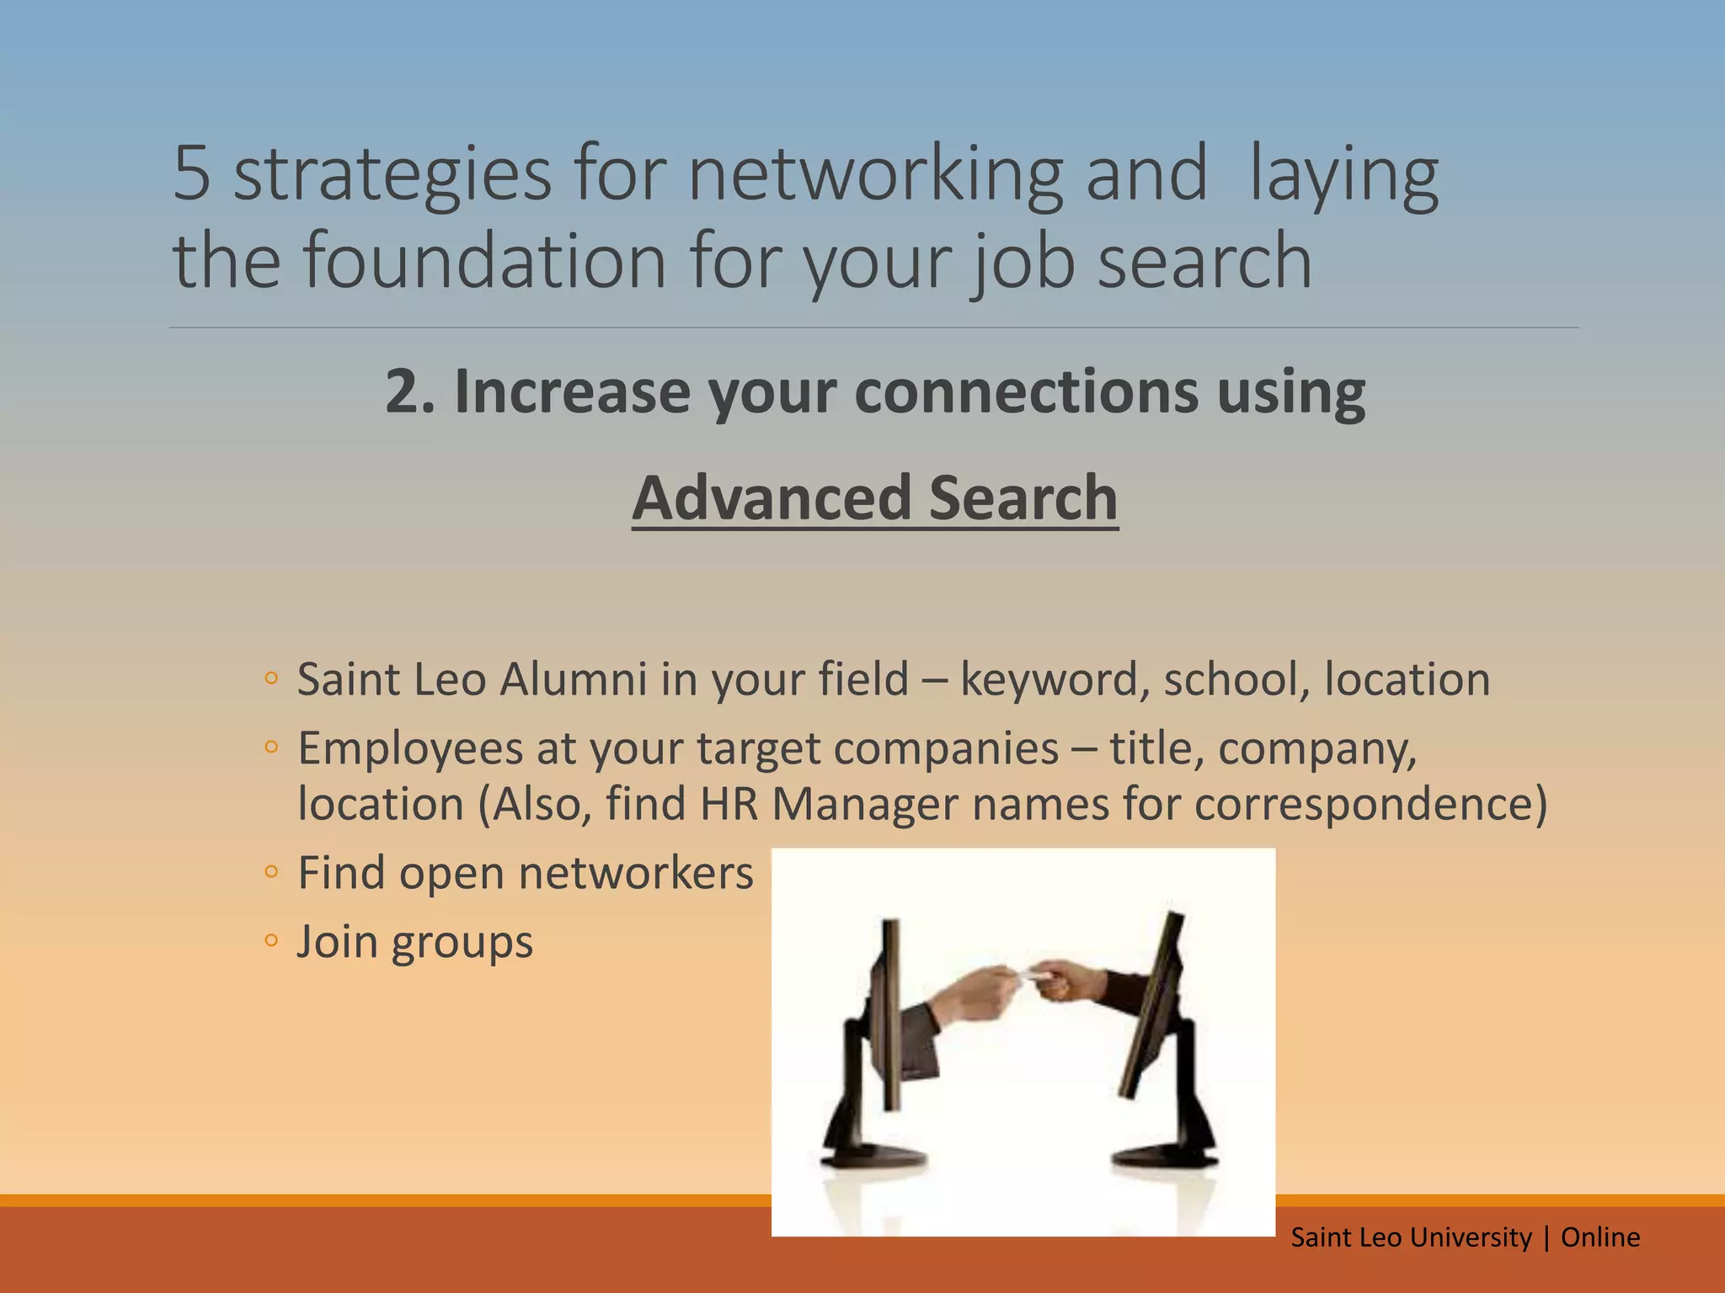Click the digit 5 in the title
[191, 174]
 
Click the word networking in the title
[876, 174]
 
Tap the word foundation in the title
[485, 261]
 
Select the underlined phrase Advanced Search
[875, 498]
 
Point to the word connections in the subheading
[1027, 392]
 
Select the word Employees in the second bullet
[410, 748]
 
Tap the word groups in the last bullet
[462, 943]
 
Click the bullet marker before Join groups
[270, 941]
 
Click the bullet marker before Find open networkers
[270, 872]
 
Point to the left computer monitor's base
[876, 1157]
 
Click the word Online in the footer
[1600, 1237]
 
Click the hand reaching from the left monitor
[977, 993]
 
